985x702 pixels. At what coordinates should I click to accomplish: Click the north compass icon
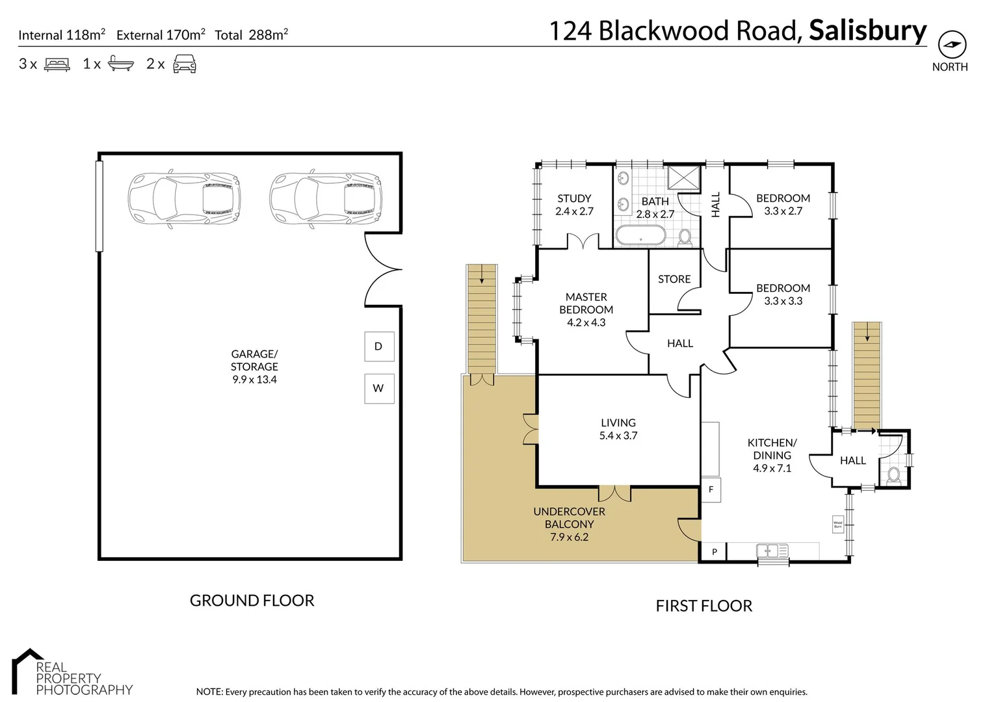coord(952,45)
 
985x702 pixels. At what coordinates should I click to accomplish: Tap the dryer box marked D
coord(379,346)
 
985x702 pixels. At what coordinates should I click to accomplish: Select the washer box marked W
coord(379,388)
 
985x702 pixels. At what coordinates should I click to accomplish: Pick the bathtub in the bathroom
coord(640,235)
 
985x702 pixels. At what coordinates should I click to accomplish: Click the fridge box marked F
coord(711,489)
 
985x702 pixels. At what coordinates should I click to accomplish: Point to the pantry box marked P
coord(714,552)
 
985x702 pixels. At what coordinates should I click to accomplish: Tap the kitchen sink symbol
coord(772,551)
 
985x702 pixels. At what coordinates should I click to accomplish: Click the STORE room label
coord(674,279)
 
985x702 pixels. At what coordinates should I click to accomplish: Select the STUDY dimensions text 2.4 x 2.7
coord(574,211)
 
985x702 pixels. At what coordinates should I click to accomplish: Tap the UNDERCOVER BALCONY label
coord(569,517)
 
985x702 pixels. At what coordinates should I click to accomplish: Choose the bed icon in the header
coord(57,64)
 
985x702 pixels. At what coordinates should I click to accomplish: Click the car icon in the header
coord(185,64)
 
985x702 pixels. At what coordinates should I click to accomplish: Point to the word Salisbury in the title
coord(867,31)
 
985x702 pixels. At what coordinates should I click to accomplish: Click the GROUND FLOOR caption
coord(252,601)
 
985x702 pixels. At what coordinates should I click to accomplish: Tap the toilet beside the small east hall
coord(893,474)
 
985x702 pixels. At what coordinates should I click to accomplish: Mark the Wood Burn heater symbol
coord(837,524)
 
